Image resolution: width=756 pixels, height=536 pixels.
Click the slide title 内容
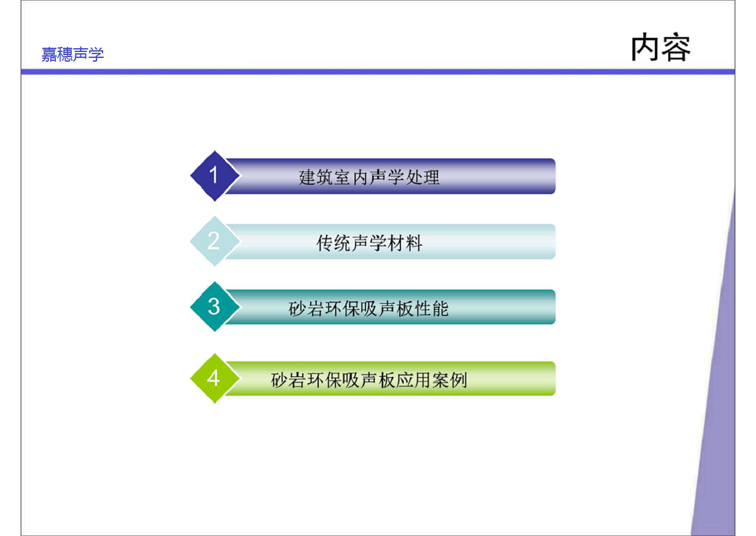click(x=660, y=47)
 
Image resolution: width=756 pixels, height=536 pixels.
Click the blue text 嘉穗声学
click(x=73, y=55)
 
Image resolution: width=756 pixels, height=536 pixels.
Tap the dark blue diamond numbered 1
click(x=215, y=176)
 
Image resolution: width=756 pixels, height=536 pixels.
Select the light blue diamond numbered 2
click(x=215, y=241)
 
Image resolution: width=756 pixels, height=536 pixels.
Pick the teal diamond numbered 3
click(x=215, y=306)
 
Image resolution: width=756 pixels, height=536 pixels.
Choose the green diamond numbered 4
click(x=215, y=378)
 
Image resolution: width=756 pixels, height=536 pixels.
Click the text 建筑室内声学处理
click(x=369, y=177)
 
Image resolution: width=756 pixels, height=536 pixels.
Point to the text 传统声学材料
click(x=369, y=243)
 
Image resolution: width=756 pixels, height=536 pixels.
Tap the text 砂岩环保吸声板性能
click(x=368, y=309)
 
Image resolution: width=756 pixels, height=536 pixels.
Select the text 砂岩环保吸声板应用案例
click(x=369, y=380)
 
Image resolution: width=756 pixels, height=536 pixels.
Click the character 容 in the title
click(x=676, y=47)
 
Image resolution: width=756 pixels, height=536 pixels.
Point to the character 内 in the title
click(x=645, y=47)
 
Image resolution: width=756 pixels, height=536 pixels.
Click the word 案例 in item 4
click(x=450, y=380)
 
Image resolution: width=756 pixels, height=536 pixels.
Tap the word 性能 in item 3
click(x=431, y=309)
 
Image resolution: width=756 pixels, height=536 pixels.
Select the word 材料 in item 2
click(x=405, y=243)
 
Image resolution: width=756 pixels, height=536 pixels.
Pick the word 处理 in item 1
click(x=422, y=177)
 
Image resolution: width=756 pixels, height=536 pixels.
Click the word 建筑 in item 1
click(x=316, y=177)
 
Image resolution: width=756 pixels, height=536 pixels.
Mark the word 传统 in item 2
click(x=334, y=243)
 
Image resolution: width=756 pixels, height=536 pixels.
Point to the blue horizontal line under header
click(x=378, y=72)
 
